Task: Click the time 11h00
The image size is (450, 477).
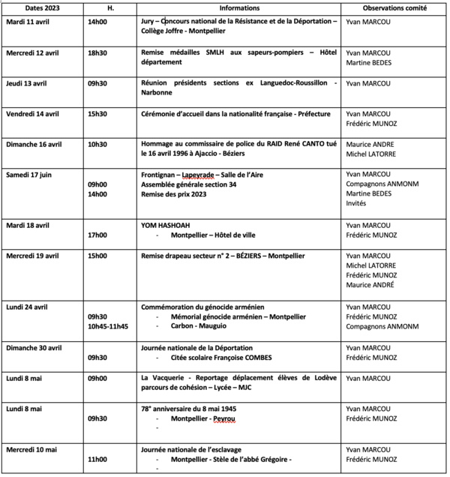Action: (97, 458)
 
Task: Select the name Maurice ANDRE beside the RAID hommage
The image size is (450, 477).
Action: (370, 144)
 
